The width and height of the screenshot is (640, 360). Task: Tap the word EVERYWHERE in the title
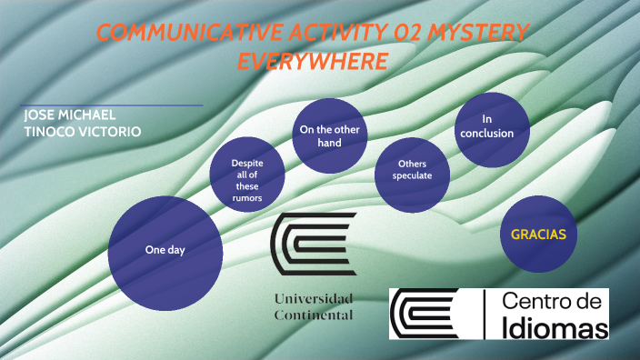point(312,61)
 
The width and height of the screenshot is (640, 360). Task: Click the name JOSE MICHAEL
point(69,115)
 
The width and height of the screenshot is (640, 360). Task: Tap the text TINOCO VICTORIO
point(83,131)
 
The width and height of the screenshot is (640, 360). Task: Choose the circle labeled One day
point(165,249)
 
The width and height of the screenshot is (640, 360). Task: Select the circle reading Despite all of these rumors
point(247,180)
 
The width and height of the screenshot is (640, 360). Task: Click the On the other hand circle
point(331,135)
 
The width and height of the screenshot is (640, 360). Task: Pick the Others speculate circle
point(412,170)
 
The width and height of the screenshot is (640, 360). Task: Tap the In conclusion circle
point(492,126)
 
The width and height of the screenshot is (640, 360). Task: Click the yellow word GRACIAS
point(538,235)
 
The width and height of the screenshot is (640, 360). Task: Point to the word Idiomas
point(555,325)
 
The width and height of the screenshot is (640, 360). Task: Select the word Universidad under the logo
point(313,298)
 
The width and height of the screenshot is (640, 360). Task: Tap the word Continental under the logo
point(313,315)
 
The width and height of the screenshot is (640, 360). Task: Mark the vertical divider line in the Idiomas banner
point(485,314)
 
